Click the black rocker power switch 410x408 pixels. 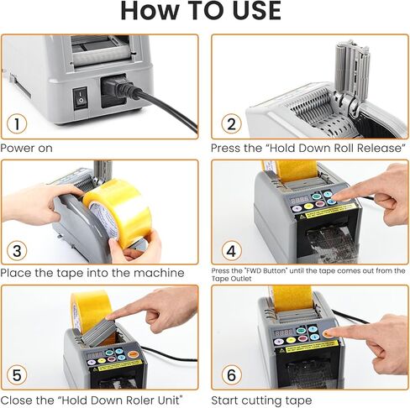(81, 97)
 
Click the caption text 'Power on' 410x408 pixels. (27, 148)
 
